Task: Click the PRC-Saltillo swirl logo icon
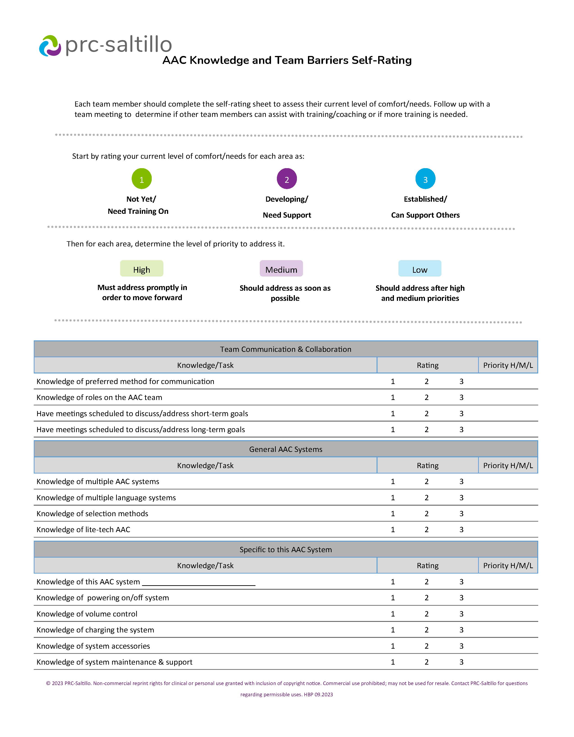(50, 46)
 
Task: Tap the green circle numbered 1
(142, 179)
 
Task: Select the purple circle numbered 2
(287, 179)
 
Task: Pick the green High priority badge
(142, 269)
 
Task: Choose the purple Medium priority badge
(281, 269)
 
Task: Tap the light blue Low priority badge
(420, 269)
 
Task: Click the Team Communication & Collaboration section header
(285, 349)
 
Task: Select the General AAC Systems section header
(285, 449)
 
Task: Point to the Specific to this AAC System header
(285, 549)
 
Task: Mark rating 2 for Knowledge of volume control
(426, 614)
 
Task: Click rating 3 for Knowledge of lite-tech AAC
(461, 529)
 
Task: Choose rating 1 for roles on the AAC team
(393, 398)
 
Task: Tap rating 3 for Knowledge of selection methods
(461, 514)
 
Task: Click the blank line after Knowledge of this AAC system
(199, 582)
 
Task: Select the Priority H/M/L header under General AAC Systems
(508, 465)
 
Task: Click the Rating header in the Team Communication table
(427, 365)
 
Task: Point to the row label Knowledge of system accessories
(93, 646)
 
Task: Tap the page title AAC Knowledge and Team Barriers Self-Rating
(287, 60)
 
